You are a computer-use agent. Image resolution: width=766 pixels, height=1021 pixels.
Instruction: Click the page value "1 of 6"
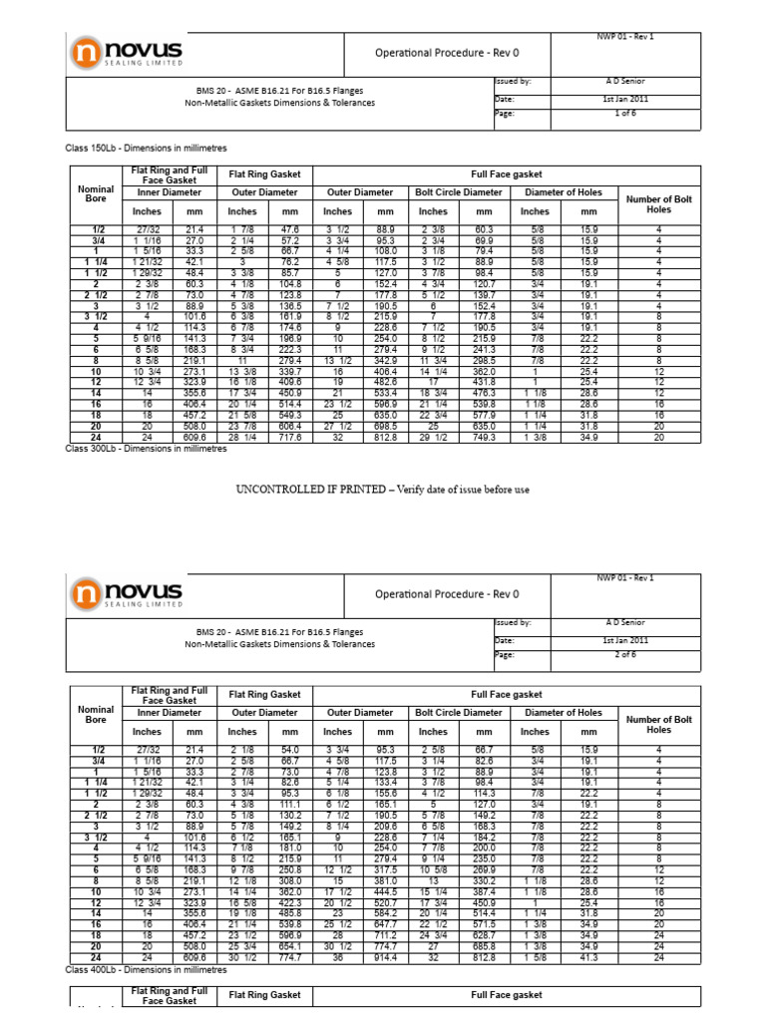pyautogui.click(x=623, y=115)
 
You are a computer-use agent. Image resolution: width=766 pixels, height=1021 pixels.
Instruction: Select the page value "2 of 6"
pyautogui.click(x=623, y=655)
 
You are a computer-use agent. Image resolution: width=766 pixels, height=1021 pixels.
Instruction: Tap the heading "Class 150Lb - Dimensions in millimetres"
pyautogui.click(x=146, y=149)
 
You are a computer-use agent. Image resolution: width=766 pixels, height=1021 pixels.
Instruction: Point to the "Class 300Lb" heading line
pyautogui.click(x=146, y=449)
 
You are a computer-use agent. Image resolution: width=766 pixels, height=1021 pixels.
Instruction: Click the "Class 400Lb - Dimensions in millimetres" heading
pyautogui.click(x=146, y=969)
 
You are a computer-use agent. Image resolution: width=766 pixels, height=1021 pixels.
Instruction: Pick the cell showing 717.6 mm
pyautogui.click(x=291, y=437)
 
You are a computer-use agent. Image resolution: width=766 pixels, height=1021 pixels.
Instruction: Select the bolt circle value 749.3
pyautogui.click(x=484, y=437)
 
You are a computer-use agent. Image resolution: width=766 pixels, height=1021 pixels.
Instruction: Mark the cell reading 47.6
pyautogui.click(x=291, y=229)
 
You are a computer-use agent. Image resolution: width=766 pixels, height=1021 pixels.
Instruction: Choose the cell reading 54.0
pyautogui.click(x=291, y=750)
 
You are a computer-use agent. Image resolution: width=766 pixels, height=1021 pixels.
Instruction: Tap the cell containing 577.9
pyautogui.click(x=484, y=415)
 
